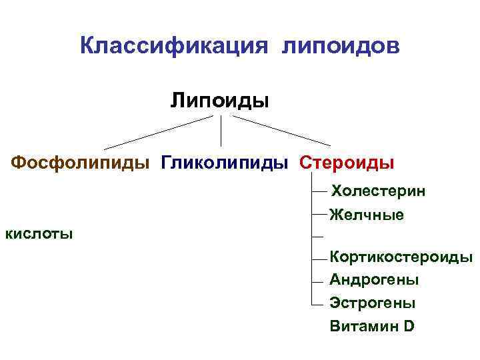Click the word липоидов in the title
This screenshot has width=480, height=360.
[x=341, y=46]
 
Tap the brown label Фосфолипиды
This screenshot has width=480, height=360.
[x=81, y=162]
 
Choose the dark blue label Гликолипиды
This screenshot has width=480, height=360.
[x=225, y=162]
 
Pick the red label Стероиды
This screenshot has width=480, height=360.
[x=347, y=162]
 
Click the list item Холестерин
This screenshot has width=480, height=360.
[x=379, y=191]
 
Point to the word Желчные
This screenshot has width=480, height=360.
[x=367, y=215]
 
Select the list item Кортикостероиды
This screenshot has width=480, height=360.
[x=401, y=257]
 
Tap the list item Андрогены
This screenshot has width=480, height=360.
[x=374, y=280]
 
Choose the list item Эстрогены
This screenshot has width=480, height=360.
[x=373, y=303]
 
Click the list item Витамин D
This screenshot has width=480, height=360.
[x=372, y=326]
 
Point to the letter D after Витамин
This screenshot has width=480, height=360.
[x=408, y=326]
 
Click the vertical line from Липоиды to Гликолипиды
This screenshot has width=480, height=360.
[x=221, y=131]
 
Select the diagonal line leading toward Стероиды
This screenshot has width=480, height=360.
[x=281, y=131]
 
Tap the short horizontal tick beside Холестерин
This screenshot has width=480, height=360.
[x=319, y=191]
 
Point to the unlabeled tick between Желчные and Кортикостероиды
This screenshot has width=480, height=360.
[x=318, y=236]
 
